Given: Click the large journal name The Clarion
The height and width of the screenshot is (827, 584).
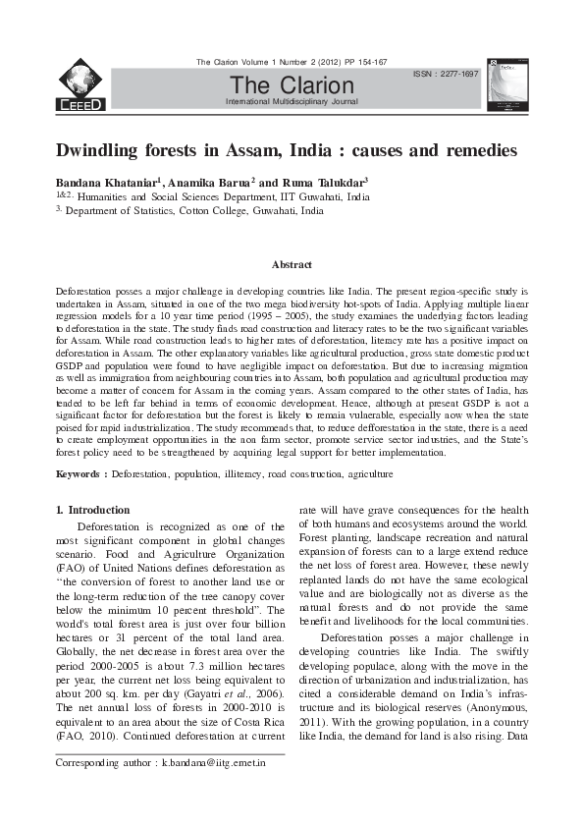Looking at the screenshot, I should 291,86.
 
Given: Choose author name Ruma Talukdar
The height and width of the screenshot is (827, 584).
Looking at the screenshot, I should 327,183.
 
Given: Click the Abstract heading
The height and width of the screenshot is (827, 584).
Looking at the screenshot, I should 292,264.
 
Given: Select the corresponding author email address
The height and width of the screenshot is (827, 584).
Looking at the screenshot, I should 215,763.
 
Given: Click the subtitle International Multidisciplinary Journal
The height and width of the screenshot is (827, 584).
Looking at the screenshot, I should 291,102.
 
